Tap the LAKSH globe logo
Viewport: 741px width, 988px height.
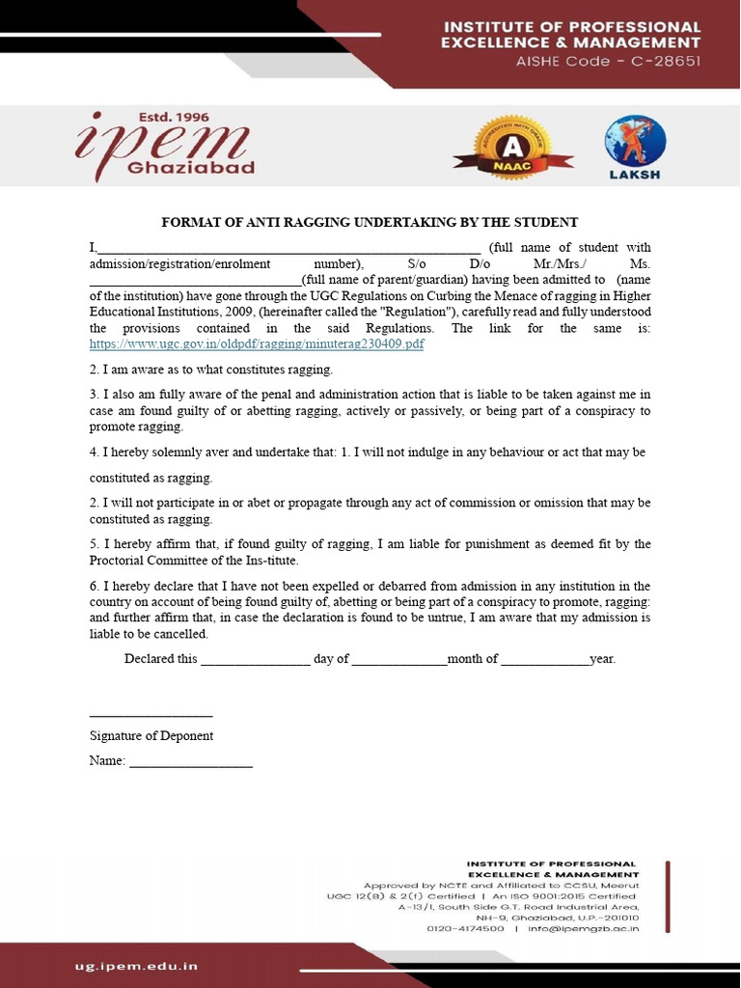(635, 147)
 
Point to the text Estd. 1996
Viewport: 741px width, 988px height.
(172, 118)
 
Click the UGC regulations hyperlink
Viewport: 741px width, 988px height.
(257, 343)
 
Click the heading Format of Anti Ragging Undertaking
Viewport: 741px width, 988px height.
(370, 222)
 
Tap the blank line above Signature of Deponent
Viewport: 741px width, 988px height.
(151, 715)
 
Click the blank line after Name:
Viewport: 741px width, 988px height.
(191, 765)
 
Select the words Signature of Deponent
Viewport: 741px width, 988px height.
(151, 736)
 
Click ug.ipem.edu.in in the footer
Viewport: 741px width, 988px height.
(137, 965)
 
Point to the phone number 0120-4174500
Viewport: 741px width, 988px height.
(465, 929)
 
